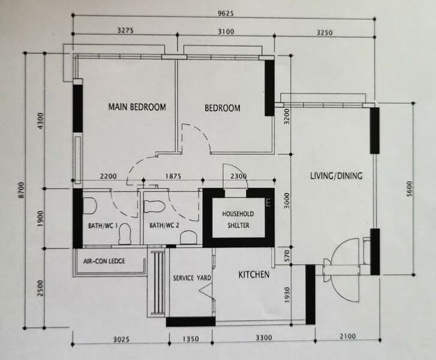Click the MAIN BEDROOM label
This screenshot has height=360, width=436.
[x=137, y=107]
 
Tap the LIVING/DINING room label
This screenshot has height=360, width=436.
[x=336, y=176]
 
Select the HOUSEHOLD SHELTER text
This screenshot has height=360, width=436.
[x=238, y=220]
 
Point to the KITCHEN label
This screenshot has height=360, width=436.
[x=254, y=275]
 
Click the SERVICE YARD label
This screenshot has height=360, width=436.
[x=192, y=278]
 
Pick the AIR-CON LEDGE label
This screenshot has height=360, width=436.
[x=104, y=261]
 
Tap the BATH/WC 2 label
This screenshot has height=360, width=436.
[x=164, y=225]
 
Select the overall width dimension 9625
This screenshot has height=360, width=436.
[x=225, y=13]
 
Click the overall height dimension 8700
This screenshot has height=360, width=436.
[x=22, y=190]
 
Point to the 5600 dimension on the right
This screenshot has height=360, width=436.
[x=410, y=188]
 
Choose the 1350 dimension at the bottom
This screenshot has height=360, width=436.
[x=191, y=339]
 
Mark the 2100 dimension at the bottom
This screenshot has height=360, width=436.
[x=348, y=337]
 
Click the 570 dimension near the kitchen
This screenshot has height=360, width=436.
[x=287, y=256]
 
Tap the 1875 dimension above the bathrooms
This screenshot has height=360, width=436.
[x=173, y=176]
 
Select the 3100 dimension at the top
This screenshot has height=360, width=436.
[x=225, y=32]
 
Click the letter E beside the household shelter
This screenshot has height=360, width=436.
[x=268, y=203]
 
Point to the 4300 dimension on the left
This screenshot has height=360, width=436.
[x=41, y=121]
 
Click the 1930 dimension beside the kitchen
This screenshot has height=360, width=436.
[x=287, y=295]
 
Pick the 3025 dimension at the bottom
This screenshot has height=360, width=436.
[x=122, y=339]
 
